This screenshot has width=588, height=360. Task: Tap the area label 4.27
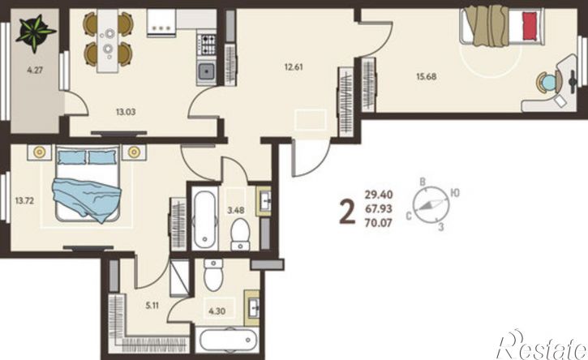pos(35,70)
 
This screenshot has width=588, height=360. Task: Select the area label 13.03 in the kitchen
pos(126,112)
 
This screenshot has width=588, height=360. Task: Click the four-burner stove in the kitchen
pos(206,45)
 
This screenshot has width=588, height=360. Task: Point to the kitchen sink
pos(206,71)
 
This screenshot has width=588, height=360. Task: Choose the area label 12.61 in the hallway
pos(294,67)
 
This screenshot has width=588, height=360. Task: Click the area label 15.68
pos(427,76)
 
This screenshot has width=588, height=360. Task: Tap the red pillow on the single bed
pos(529,26)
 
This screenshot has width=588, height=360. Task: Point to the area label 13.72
pos(24,200)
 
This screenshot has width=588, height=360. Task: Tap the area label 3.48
pos(235,210)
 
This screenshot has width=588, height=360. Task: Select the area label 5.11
pos(152,306)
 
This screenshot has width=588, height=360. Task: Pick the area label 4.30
pos(217,311)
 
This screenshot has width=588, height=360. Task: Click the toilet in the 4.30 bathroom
pos(213,275)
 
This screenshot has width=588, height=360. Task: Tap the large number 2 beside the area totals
pos(347,212)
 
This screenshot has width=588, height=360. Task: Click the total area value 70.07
pos(379,223)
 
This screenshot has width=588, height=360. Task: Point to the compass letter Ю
pos(455,193)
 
